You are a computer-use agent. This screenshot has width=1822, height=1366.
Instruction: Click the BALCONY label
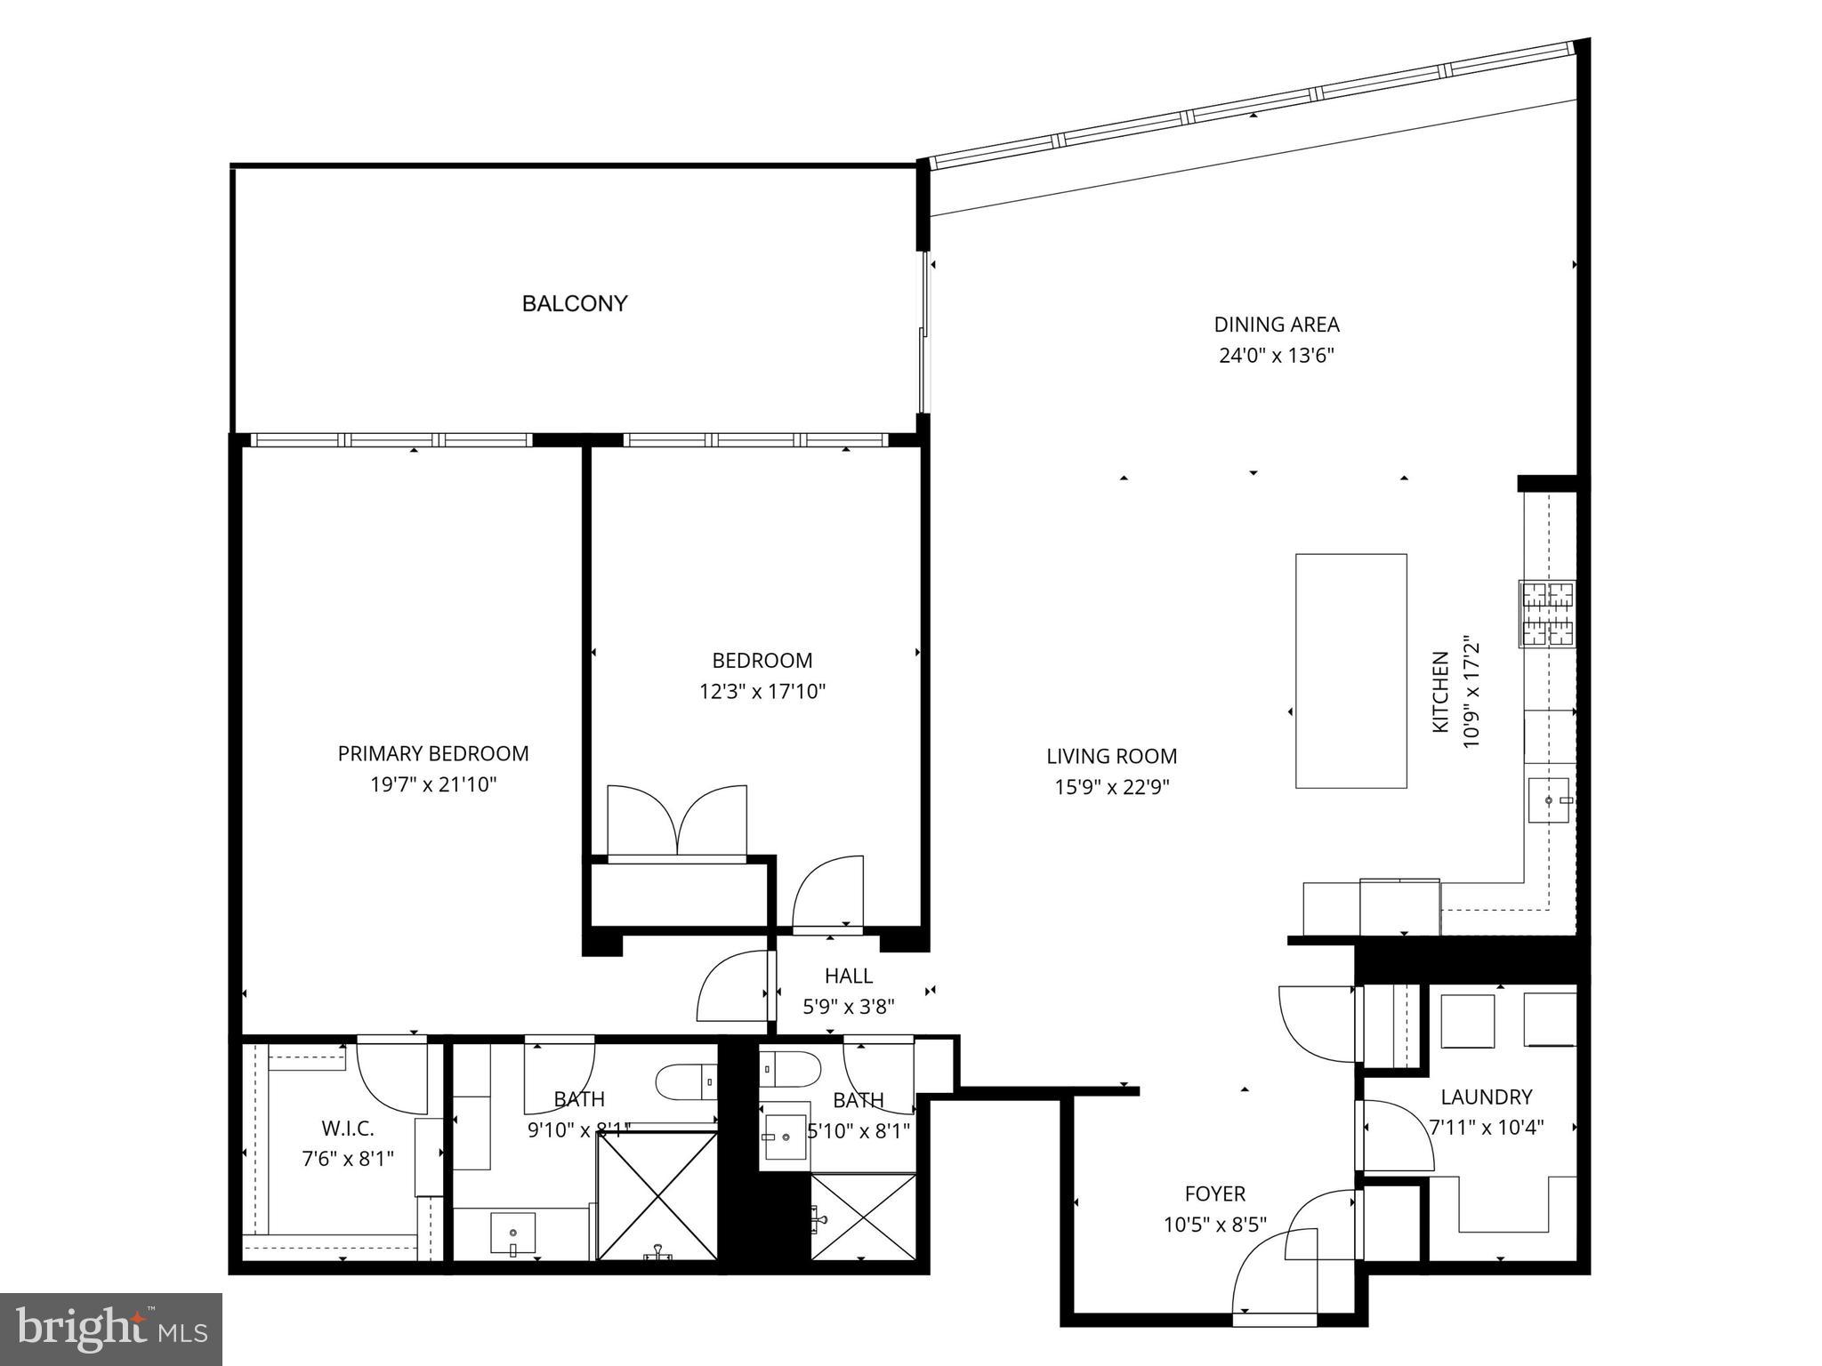575,304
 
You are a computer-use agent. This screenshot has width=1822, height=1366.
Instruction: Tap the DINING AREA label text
1276,325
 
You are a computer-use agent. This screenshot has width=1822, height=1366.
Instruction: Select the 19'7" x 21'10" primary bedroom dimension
433,784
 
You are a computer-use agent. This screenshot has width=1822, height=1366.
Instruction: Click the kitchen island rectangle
1350,671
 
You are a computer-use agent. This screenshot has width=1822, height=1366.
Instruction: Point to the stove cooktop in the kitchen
1546,613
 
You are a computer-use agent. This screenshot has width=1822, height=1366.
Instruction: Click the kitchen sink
1549,800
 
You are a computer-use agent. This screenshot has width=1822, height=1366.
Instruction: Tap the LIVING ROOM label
1111,756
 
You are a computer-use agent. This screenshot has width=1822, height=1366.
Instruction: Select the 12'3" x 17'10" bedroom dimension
762,691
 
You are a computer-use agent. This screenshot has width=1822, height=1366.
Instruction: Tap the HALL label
848,976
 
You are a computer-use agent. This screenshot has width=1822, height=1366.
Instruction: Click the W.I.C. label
347,1129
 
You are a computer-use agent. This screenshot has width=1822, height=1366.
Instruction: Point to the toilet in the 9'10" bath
685,1081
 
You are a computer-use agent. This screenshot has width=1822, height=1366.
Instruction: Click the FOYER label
1214,1193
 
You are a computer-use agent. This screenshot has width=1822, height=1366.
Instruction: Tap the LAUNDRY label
1486,1097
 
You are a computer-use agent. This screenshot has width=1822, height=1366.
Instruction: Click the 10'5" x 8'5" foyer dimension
1214,1225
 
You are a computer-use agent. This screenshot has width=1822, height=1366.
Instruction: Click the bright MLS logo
111,1329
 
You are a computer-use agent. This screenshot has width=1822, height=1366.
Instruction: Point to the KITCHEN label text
1439,693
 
